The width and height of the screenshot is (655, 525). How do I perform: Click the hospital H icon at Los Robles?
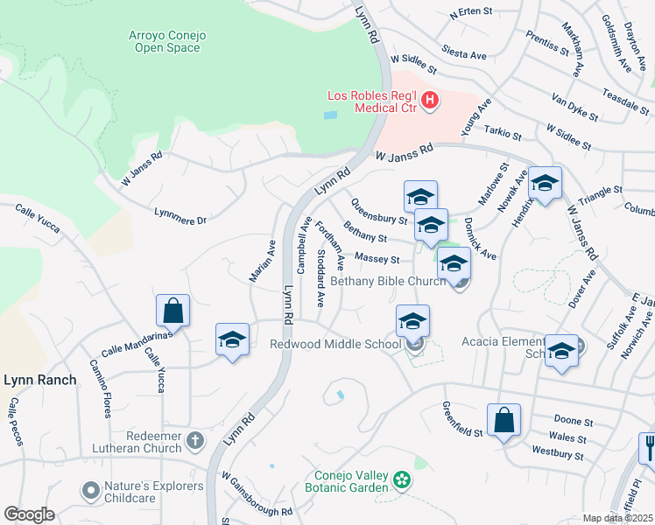pos(430,101)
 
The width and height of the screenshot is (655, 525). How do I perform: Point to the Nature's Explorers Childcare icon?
pos(90,491)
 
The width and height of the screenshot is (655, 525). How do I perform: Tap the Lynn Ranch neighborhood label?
pos(40,380)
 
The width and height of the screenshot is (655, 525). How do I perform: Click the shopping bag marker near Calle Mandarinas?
pos(173,311)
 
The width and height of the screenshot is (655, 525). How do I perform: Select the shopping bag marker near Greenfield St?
pos(504,422)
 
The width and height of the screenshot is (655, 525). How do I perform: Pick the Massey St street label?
pos(378,260)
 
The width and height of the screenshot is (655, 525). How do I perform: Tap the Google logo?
pos(30,514)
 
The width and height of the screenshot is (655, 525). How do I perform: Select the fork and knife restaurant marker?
pos(648,450)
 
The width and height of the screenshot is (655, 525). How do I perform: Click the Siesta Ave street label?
pos(464,54)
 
